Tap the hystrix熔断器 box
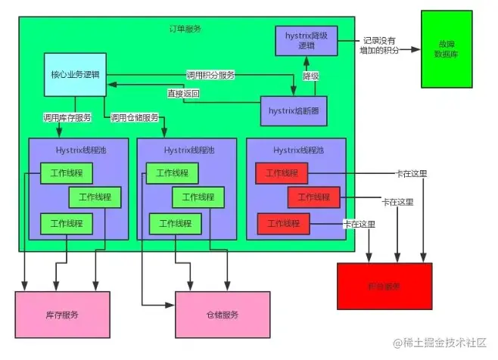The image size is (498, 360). pos(294,110)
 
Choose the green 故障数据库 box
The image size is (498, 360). pos(447,49)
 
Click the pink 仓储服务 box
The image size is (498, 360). pos(223,314)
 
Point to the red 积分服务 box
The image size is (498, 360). pos(384,287)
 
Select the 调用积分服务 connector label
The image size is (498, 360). pos(211,75)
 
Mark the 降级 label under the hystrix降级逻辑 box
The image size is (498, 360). pos(311,76)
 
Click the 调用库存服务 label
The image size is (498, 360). pos(67,118)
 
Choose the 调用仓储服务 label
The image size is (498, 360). pos(134,118)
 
